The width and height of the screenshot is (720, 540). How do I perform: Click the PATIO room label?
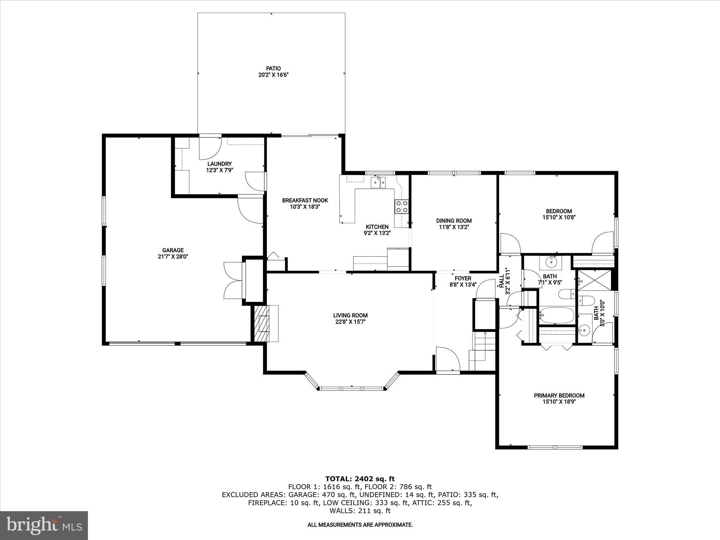pos(273,68)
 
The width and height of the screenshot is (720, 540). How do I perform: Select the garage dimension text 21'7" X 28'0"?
pos(173,257)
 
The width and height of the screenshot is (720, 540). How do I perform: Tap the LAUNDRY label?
pos(219,164)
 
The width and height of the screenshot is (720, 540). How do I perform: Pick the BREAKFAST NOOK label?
pos(305,200)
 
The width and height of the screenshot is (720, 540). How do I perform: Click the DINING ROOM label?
pos(454,221)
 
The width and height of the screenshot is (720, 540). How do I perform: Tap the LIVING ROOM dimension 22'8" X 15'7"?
pos(351,322)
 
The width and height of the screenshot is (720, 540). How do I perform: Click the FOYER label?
pos(463,278)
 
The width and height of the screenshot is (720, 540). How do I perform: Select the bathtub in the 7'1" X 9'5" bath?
pos(557,315)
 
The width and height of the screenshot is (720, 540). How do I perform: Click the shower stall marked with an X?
pos(595,280)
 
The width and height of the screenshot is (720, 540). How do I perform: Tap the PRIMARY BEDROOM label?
pos(559,396)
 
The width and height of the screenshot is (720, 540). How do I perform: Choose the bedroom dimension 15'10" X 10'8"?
pos(559,217)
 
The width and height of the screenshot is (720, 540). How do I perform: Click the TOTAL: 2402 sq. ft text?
pos(360,479)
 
